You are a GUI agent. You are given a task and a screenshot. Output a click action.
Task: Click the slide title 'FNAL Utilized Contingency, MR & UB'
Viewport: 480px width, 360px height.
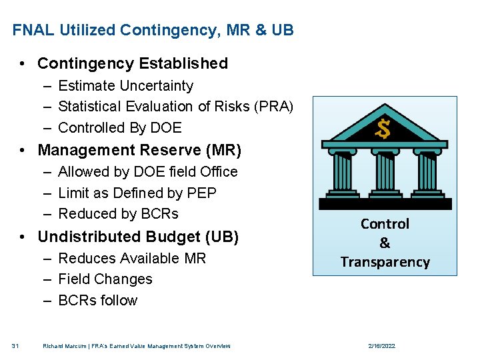tap(153, 30)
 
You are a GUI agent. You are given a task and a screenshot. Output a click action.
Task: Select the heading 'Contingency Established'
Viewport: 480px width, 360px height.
tap(133, 63)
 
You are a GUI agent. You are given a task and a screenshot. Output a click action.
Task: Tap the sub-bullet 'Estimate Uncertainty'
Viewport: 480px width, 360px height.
tap(125, 85)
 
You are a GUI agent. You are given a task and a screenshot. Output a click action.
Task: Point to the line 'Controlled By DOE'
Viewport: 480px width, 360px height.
tap(119, 127)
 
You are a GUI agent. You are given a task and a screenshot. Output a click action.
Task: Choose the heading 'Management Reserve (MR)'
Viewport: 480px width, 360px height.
tap(139, 150)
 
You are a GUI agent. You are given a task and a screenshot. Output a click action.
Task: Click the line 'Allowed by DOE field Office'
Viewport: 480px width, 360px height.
tap(147, 171)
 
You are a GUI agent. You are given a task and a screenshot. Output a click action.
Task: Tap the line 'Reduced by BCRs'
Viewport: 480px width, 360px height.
tap(118, 213)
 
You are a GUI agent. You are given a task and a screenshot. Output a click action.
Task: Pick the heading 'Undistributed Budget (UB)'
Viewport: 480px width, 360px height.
tap(138, 237)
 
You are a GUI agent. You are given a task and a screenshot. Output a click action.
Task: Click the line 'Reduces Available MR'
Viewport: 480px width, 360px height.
tap(132, 258)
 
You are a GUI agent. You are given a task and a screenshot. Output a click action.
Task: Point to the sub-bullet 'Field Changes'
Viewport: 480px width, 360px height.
tap(105, 279)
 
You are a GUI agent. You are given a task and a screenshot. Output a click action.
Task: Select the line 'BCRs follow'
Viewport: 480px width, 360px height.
tap(97, 300)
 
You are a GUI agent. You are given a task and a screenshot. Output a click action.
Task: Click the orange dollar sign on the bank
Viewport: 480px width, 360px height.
tap(383, 129)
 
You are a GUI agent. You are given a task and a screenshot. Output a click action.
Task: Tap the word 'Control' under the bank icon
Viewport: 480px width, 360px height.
tap(385, 224)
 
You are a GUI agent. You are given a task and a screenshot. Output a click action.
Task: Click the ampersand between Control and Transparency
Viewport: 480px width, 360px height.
tap(385, 243)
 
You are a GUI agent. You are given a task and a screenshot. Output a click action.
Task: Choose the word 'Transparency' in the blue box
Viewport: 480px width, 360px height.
tap(385, 262)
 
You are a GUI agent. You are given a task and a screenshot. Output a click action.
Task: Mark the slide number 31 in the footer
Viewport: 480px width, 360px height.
tap(15, 346)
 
